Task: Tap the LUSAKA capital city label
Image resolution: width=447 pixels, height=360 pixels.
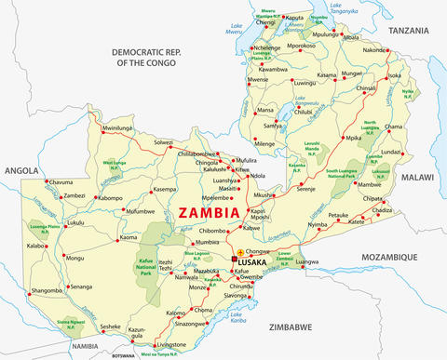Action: point(252,263)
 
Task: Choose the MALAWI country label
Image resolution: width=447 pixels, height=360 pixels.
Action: point(420,175)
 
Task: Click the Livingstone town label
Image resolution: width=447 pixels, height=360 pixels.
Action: point(186,344)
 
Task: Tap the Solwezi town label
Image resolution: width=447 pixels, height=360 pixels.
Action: point(163,142)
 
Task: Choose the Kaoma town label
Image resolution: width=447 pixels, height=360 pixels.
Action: point(129,237)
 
